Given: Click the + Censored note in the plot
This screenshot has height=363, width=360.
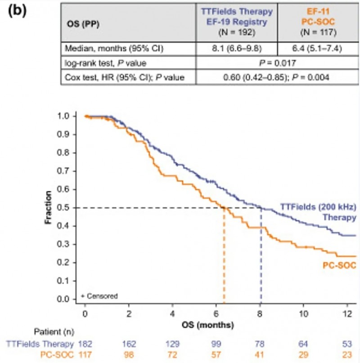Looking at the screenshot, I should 100,296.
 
